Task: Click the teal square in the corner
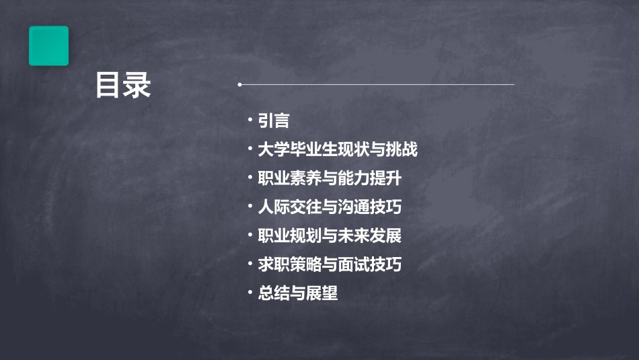tap(48, 46)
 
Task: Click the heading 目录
tap(123, 86)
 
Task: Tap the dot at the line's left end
tap(239, 85)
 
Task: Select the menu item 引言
tap(274, 120)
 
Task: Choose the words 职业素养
tap(282, 178)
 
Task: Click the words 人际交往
tap(282, 207)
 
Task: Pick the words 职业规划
tap(282, 236)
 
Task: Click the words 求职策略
tap(282, 264)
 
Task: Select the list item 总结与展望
tap(298, 293)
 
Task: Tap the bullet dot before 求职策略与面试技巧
tap(250, 263)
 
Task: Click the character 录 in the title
tap(138, 86)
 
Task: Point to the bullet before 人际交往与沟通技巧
tap(250, 206)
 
